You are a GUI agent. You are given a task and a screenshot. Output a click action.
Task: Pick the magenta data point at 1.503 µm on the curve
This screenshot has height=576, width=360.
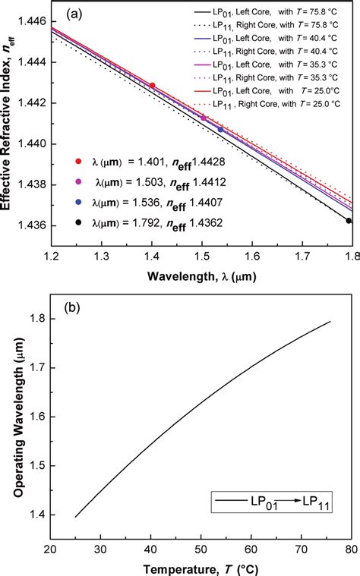[x=204, y=118]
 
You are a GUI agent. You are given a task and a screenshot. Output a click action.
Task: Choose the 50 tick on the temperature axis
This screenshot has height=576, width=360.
[x=201, y=549]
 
